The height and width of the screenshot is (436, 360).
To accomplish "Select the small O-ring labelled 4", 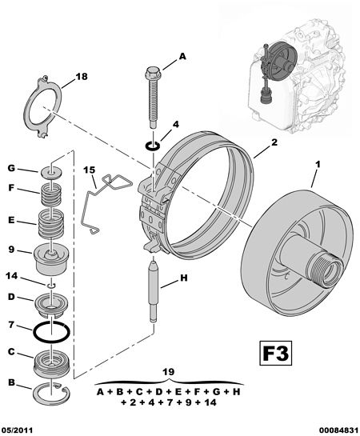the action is (x=153, y=146).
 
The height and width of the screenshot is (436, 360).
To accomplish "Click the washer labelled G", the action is (x=51, y=173).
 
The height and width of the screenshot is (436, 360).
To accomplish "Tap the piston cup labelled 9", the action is (x=51, y=258).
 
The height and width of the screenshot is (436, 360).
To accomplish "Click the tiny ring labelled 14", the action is (x=51, y=286).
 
